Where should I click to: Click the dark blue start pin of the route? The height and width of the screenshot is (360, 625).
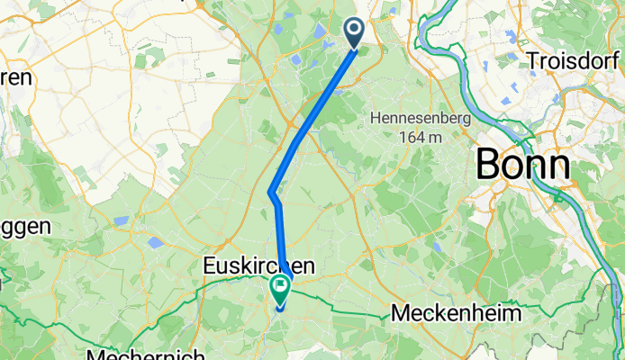tap(353, 32)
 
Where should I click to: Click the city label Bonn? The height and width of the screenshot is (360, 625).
tap(522, 166)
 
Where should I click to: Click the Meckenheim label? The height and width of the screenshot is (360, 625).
tap(456, 314)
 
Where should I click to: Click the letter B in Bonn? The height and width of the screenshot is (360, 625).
tap(487, 166)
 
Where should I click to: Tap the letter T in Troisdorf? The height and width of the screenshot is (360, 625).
tap(533, 61)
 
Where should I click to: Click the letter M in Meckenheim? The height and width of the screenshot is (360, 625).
tap(400, 314)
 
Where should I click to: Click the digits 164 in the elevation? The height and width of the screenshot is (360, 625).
tap(407, 137)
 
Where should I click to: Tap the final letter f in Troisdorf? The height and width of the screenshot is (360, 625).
tap(620, 61)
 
